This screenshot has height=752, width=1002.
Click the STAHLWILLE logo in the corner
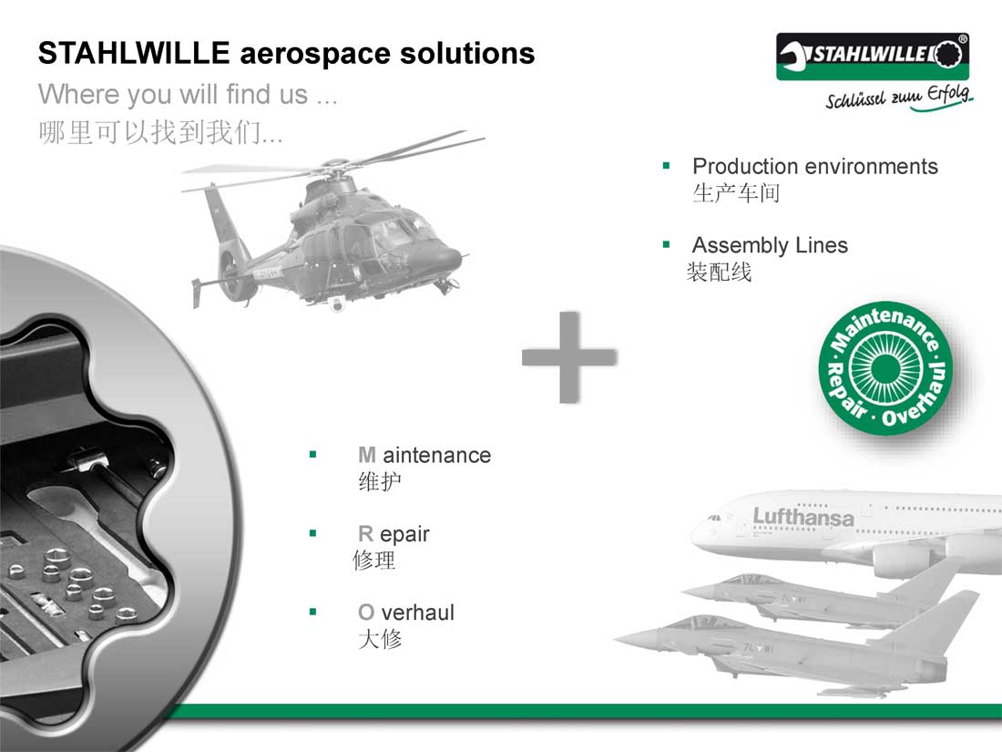(873, 57)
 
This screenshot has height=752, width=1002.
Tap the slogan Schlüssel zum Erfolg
(898, 98)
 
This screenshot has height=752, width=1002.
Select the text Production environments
(814, 166)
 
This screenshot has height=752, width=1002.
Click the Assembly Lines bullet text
(770, 245)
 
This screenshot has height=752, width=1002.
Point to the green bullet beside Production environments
(667, 166)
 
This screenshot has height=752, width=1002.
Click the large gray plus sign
(569, 356)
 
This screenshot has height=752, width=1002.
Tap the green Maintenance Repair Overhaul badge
(885, 367)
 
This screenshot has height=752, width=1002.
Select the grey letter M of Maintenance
(367, 455)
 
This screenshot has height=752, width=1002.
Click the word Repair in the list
(394, 534)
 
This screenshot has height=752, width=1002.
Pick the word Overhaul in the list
(405, 612)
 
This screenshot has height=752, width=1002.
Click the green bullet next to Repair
(313, 533)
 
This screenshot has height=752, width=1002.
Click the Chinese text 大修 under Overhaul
(380, 639)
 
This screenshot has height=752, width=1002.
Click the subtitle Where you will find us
(188, 95)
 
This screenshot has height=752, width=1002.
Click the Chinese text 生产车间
(736, 192)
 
